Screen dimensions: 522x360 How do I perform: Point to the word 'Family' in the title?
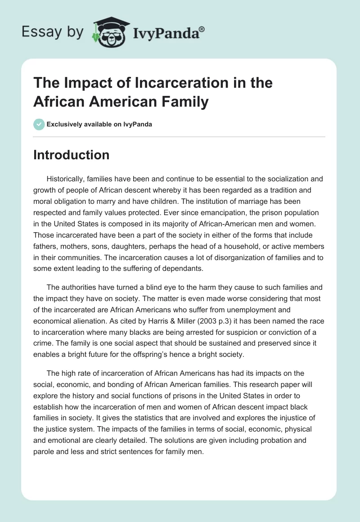coord(185,102)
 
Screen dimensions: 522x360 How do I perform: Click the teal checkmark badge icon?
coord(39,124)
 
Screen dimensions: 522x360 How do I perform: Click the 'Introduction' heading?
coord(71,155)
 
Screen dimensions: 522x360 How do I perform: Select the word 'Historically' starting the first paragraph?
coord(68,178)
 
